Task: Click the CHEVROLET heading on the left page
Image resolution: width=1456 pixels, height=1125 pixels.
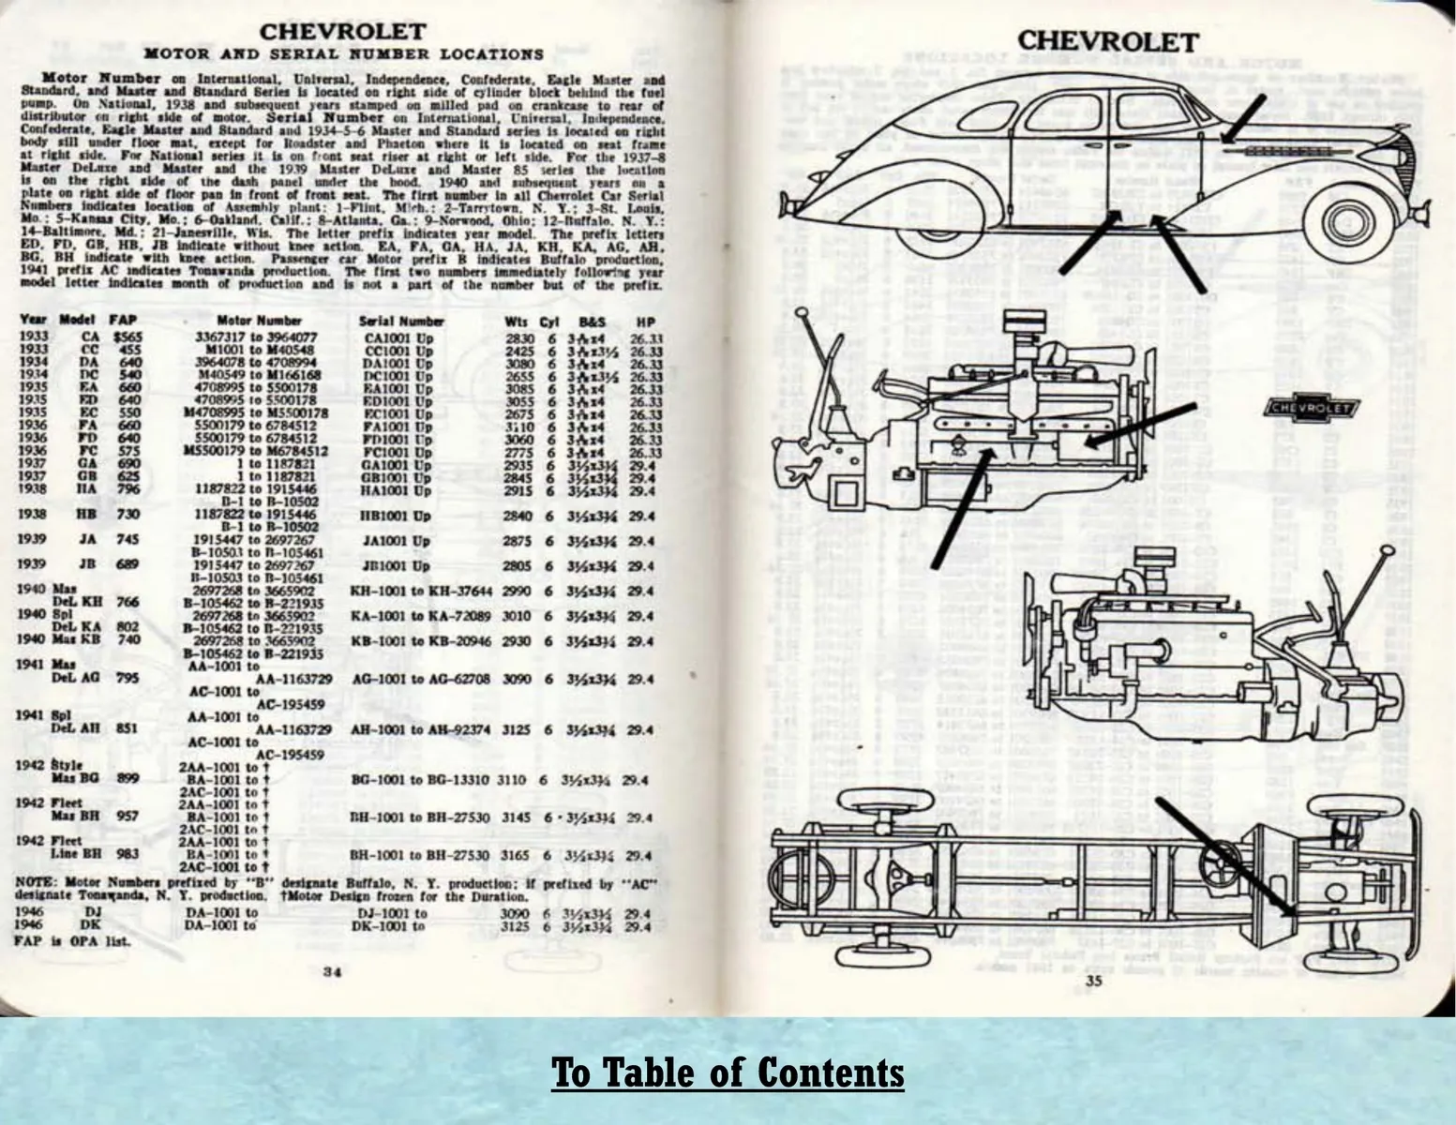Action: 342,32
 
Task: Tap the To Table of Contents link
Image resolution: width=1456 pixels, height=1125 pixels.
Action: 728,1072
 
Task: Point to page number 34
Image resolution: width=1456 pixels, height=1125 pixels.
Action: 331,972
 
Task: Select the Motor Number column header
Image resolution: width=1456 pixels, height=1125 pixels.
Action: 260,321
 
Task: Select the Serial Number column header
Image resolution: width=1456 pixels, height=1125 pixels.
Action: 401,321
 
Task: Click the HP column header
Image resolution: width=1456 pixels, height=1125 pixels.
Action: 645,322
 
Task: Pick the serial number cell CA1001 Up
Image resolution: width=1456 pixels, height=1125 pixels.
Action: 397,337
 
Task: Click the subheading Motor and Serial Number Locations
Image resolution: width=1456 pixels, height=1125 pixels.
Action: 343,54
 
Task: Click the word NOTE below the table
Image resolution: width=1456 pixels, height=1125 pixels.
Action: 34,883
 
